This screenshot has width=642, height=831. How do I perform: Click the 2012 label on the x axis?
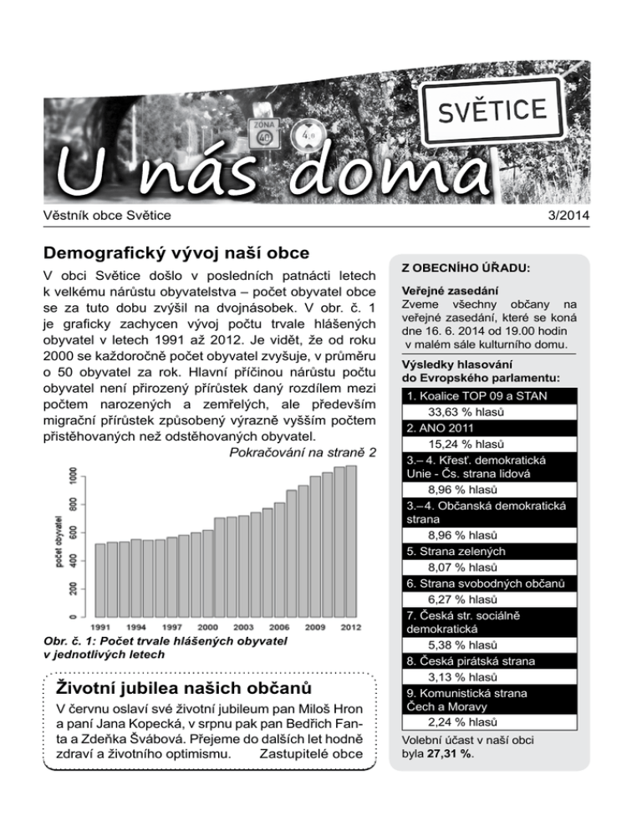350,626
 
